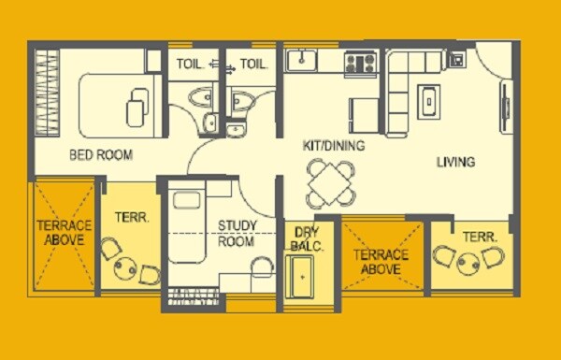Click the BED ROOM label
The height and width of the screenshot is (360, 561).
tap(100, 154)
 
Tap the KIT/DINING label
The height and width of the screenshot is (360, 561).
tap(333, 146)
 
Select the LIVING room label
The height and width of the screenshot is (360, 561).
tap(456, 162)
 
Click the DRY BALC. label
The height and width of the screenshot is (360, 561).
tap(306, 239)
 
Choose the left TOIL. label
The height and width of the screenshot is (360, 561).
tap(190, 64)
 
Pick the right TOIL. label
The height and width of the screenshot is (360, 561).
tap(253, 64)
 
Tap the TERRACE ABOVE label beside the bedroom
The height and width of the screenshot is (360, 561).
tap(65, 233)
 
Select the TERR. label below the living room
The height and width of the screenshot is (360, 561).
tap(480, 237)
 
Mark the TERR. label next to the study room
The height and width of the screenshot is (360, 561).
tap(129, 217)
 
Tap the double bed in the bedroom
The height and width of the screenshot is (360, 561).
tap(117, 100)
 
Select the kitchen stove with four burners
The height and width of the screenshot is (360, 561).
tap(360, 63)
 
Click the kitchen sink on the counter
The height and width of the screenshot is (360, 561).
tap(302, 61)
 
